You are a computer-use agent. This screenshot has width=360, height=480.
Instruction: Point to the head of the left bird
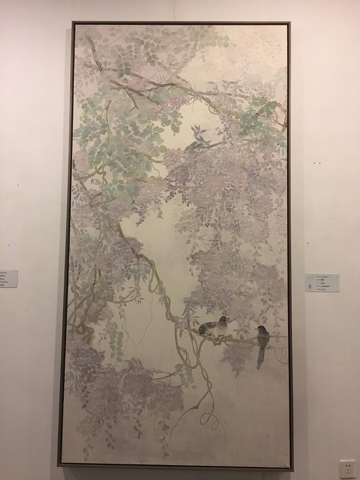(224, 320)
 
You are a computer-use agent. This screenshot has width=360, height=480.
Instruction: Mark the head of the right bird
(260, 328)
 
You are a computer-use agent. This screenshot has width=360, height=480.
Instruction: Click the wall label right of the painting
(322, 282)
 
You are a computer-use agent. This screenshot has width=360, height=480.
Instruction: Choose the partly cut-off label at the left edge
(8, 278)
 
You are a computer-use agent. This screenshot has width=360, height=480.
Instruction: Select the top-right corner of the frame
(289, 24)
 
